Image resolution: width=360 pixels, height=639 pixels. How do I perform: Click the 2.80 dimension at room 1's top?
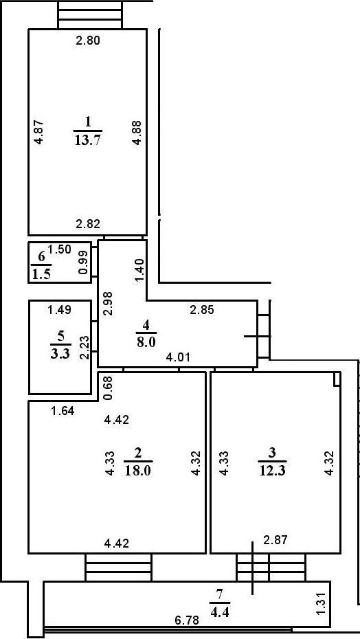(88, 41)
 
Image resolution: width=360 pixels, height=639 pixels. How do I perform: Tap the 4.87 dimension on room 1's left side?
(39, 132)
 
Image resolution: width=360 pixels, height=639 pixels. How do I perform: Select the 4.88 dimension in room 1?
(137, 132)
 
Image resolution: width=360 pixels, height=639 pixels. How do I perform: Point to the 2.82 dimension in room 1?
(88, 223)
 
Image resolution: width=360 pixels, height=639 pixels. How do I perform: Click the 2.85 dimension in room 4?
(201, 310)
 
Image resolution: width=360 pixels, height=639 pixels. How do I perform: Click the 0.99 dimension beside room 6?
(83, 262)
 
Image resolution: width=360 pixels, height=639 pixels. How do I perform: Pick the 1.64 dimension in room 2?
(63, 412)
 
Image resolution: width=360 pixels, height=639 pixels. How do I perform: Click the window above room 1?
(90, 14)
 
